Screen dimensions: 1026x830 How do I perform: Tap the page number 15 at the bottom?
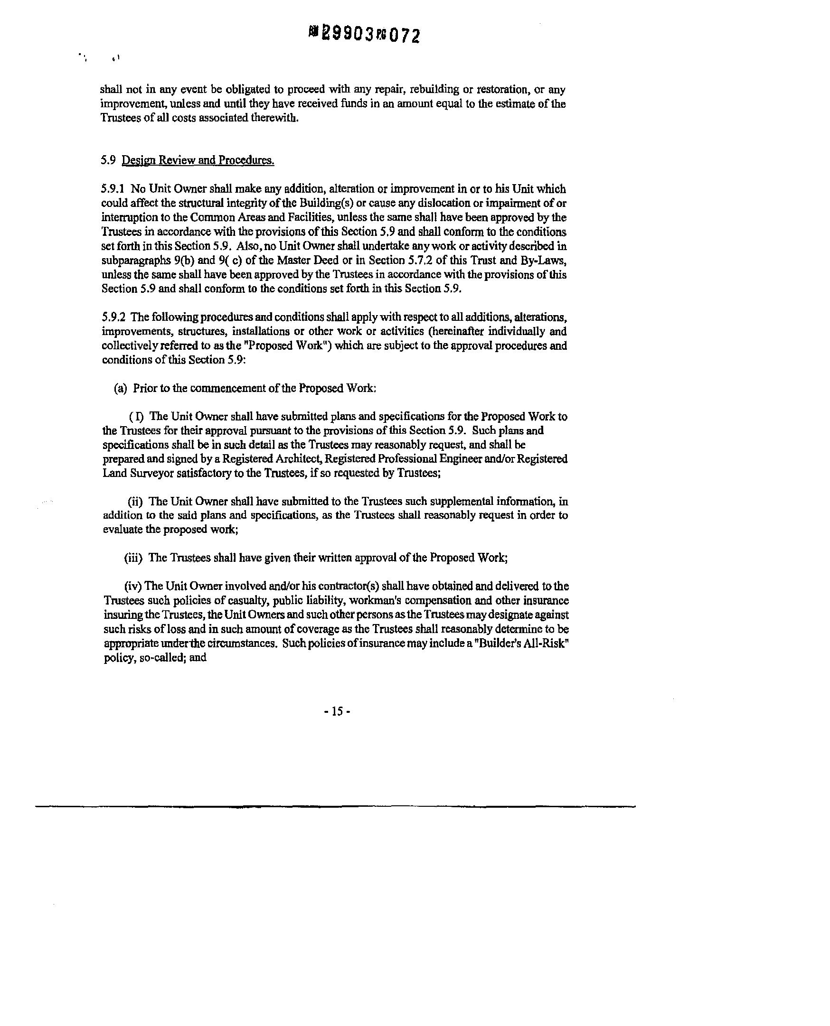coord(337,711)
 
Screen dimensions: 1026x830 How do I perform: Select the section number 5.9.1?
coord(113,189)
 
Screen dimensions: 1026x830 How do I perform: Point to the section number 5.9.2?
coord(113,317)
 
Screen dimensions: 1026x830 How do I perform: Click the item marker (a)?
coord(121,388)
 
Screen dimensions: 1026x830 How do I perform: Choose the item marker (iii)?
coord(133,558)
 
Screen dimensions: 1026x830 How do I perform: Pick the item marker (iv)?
coord(132,586)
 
